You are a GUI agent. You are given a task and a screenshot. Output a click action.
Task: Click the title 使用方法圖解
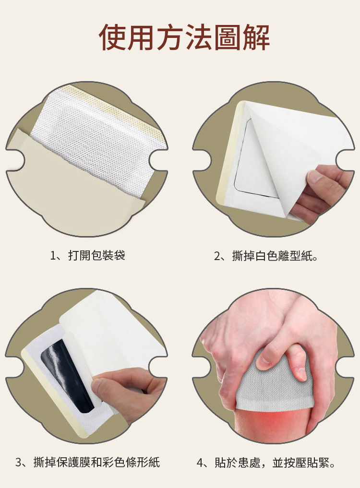pos(184,37)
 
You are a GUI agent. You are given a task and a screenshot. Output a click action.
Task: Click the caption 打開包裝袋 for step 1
pos(97,255)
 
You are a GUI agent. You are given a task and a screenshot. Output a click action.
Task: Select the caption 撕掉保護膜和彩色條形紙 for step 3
pos(96,462)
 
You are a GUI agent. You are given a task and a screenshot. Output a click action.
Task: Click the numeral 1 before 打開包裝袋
pos(53,256)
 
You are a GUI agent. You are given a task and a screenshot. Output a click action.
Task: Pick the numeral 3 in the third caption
pos(18,463)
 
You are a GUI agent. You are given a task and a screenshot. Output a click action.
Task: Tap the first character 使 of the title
pos(112,37)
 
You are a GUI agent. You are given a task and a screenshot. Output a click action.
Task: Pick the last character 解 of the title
pos(256,37)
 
